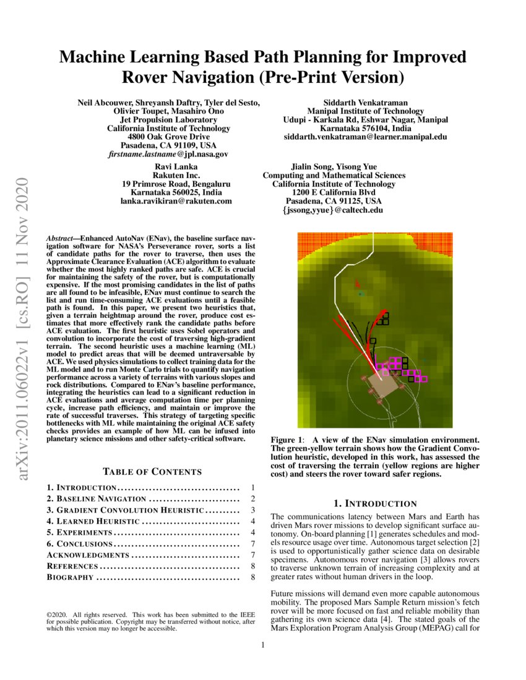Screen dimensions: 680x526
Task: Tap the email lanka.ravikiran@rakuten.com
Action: (x=176, y=201)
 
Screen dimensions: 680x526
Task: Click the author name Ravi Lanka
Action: (x=176, y=167)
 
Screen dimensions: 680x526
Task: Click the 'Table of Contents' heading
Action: (x=152, y=472)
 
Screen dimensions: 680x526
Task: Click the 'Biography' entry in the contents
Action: (x=71, y=577)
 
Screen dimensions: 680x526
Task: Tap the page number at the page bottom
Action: (x=263, y=645)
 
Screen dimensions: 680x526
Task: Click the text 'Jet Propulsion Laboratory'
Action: (x=168, y=119)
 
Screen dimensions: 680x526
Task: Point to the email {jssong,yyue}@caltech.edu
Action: (x=334, y=210)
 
